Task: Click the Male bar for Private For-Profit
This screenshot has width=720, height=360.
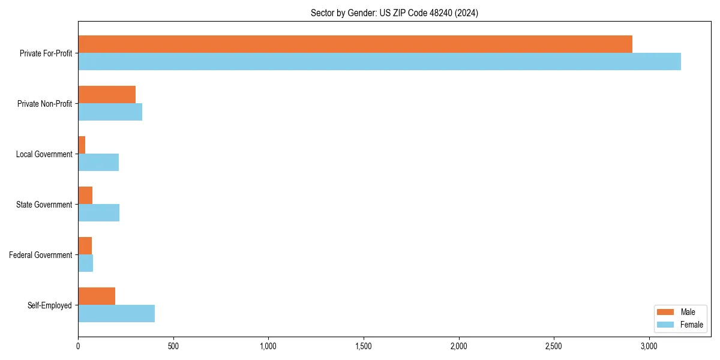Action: [355, 44]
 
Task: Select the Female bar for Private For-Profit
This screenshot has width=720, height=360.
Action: [379, 61]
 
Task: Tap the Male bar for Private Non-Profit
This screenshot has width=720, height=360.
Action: [107, 95]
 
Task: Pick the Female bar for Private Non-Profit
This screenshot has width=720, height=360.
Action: [110, 112]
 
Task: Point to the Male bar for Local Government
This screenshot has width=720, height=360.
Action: [82, 145]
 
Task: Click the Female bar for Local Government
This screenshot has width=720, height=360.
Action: [98, 162]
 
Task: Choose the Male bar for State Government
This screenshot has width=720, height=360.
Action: [85, 196]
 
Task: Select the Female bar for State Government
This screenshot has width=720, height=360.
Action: [98, 212]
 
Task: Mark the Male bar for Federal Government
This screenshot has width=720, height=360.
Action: [85, 246]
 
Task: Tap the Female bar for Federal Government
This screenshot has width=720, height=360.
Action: [85, 263]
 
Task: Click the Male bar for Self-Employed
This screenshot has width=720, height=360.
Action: [97, 296]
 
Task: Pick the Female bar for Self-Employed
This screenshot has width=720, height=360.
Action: [116, 313]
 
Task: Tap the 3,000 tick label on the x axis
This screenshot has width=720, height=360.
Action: [649, 346]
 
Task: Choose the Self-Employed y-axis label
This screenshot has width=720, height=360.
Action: [50, 305]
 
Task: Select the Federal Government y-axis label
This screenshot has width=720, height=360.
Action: [41, 255]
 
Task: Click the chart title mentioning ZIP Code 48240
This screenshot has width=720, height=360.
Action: [394, 13]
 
